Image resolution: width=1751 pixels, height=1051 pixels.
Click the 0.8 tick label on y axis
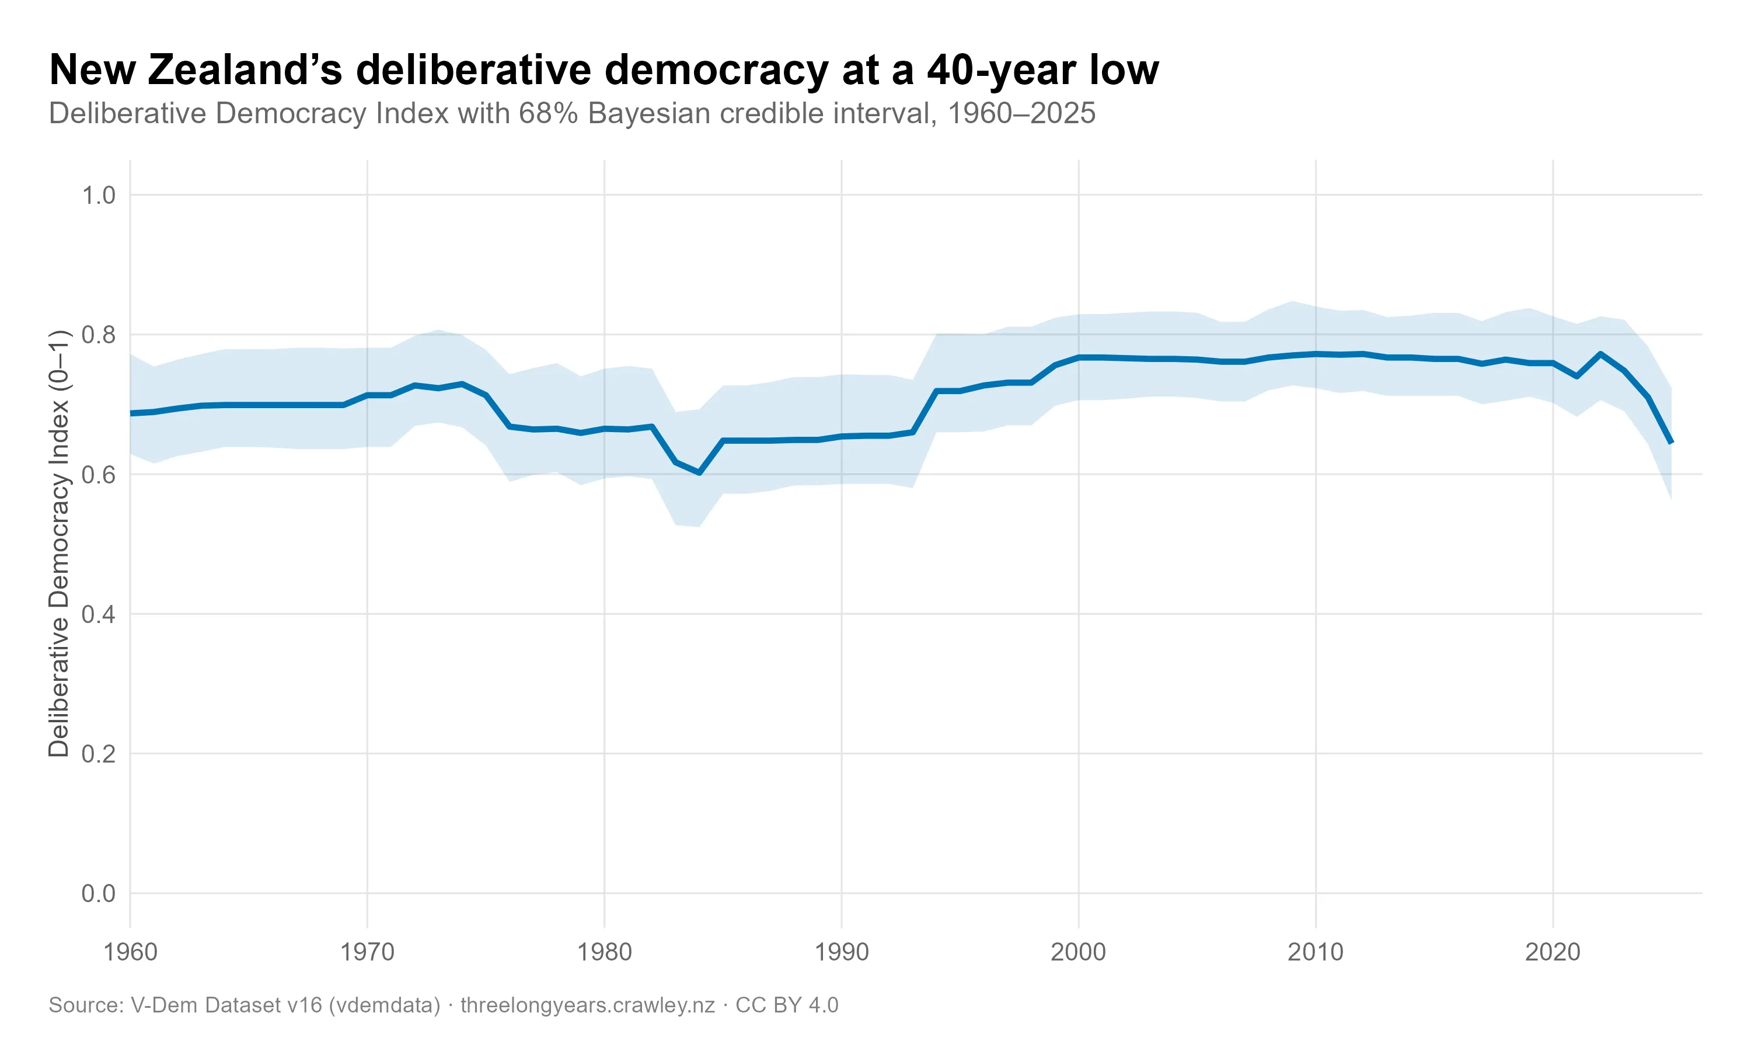(99, 335)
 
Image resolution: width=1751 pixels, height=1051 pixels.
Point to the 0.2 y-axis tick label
(99, 754)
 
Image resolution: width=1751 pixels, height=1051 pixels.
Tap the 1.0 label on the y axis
(99, 196)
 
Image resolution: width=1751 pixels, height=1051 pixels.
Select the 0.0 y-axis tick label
(99, 894)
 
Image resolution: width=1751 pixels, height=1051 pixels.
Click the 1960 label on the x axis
(130, 952)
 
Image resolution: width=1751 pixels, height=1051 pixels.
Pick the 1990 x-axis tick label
(842, 952)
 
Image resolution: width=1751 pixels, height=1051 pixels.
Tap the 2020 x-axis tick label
(1553, 952)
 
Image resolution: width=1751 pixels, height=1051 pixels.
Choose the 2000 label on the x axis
(1078, 952)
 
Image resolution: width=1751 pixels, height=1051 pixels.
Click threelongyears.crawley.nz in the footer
(587, 1005)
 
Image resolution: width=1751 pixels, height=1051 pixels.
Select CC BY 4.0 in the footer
(787, 1005)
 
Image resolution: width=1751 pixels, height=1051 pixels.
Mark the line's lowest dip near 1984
(699, 472)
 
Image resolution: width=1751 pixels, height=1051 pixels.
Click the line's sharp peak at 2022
(1600, 353)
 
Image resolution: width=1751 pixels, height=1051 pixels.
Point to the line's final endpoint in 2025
(1672, 443)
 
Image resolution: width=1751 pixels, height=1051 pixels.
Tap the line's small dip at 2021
(1577, 376)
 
